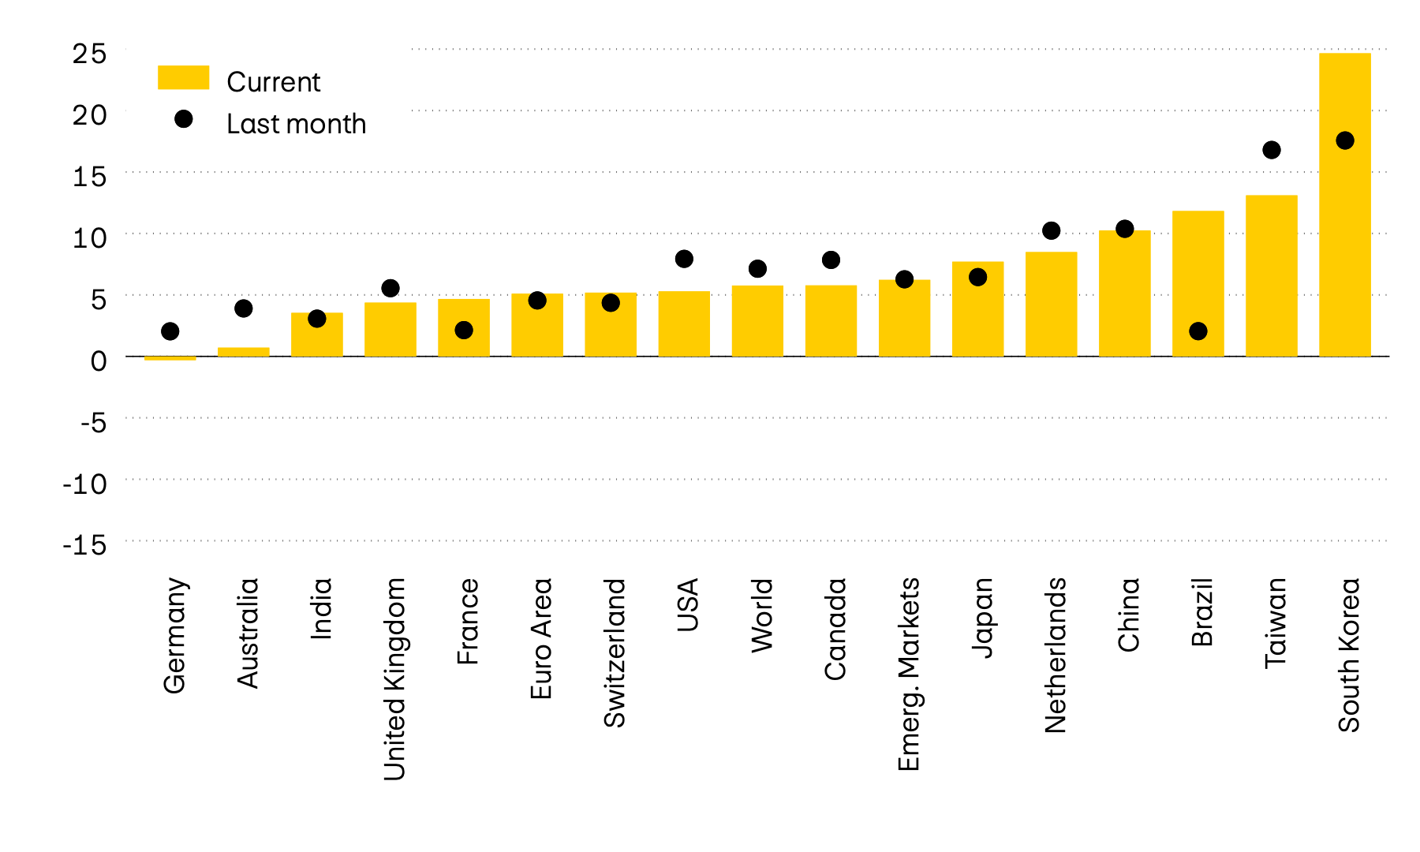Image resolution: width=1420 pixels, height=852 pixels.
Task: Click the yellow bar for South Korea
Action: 1344,237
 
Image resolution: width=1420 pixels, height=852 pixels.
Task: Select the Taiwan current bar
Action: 1271,276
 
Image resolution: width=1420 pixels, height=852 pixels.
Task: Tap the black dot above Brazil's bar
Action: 1198,331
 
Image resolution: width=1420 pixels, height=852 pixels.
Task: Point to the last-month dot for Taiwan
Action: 1271,150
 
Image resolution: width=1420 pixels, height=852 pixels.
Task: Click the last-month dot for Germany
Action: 170,331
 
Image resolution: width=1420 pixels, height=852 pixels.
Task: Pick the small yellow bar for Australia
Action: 243,352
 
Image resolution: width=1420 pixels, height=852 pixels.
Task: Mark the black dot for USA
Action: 684,259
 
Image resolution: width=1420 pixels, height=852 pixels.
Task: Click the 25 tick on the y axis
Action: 89,54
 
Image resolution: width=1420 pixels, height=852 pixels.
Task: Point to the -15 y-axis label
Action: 84,544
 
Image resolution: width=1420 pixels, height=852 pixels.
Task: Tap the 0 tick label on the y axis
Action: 98,361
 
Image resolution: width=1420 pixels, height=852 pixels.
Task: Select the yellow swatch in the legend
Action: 183,77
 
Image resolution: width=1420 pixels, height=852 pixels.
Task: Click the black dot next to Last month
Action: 183,119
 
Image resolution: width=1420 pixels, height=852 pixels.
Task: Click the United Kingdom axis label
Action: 394,678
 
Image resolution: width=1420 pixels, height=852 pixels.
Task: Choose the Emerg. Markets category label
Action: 908,674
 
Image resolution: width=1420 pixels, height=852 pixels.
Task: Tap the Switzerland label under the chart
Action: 614,652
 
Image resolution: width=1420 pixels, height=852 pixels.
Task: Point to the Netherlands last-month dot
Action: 1051,230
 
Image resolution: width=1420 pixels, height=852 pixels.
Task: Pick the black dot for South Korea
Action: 1344,140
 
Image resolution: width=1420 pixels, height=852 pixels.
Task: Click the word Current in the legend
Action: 273,82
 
